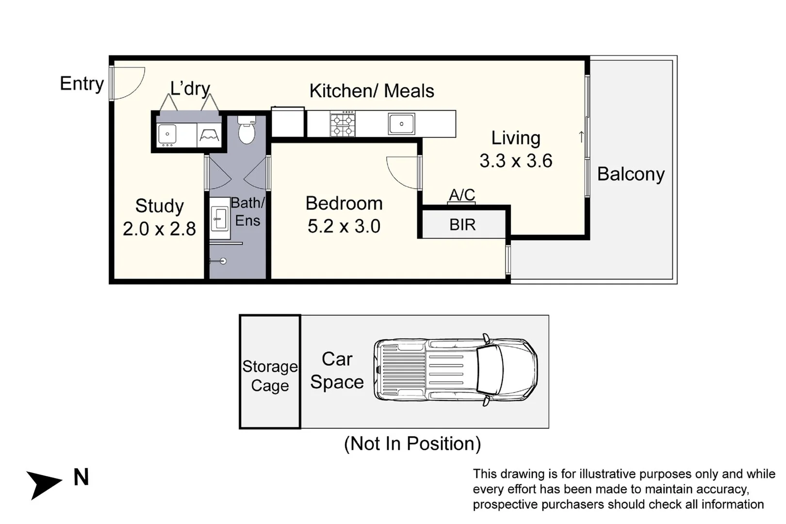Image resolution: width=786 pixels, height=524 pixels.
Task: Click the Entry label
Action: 82,83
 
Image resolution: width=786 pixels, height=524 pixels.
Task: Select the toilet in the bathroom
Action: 247,131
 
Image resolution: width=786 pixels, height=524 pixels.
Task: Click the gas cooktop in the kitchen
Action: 343,124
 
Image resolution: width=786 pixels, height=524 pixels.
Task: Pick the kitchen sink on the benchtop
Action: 401,124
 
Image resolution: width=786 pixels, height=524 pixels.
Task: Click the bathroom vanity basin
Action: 220,219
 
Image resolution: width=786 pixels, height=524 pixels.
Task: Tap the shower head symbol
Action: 223,261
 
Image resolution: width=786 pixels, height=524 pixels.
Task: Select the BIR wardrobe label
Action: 462,225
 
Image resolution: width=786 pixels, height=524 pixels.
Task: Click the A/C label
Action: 461,195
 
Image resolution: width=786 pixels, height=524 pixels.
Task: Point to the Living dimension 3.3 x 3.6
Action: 516,161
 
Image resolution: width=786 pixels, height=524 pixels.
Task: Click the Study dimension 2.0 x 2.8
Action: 159,229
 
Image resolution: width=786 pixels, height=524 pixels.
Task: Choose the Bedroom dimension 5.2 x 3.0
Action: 344,226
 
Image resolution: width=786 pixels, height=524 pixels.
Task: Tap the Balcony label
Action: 630,174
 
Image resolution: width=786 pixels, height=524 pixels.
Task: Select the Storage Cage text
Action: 270,376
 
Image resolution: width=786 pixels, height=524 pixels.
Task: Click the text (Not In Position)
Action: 412,443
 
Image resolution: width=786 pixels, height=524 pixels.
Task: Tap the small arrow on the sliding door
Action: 581,137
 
